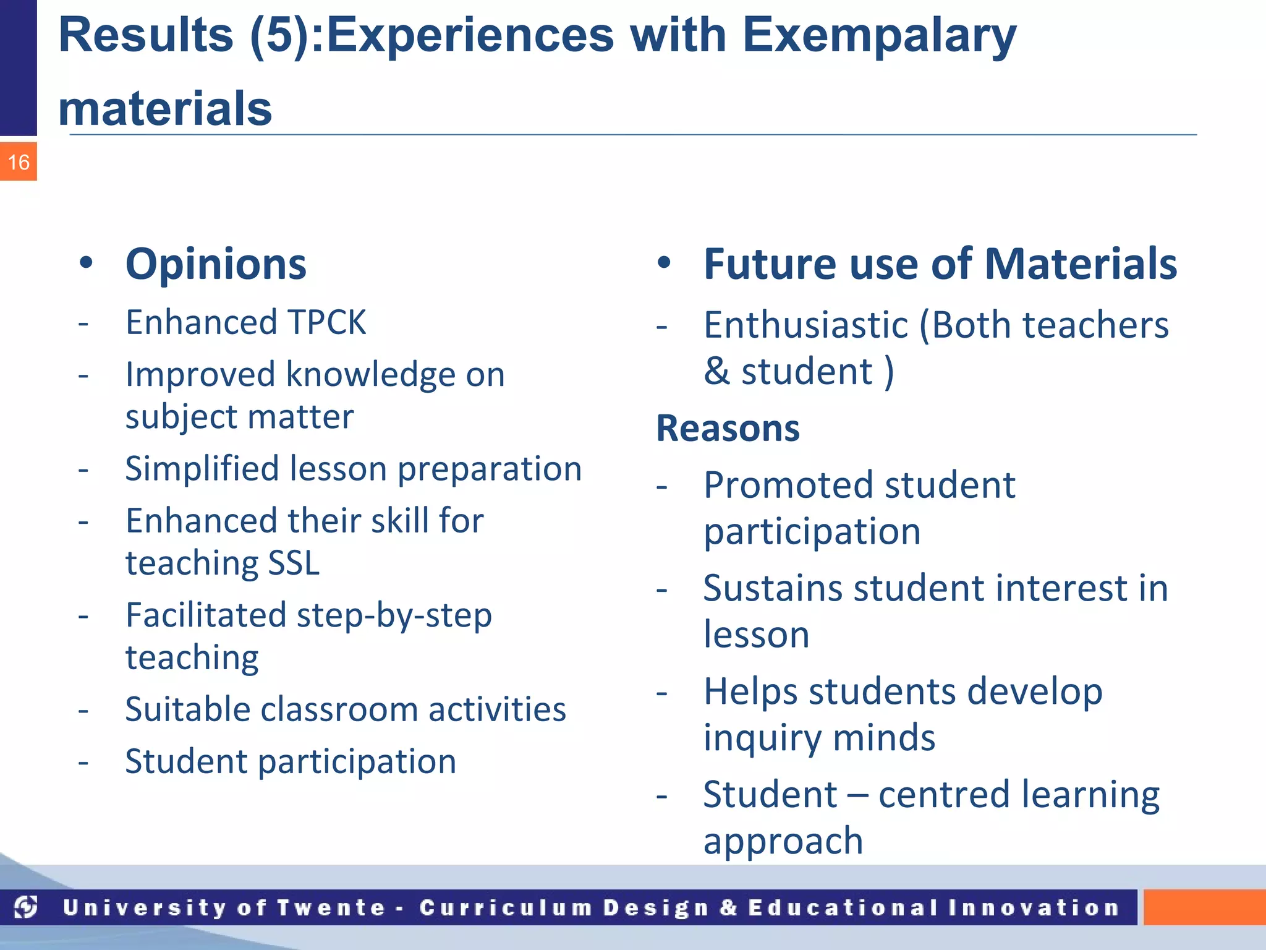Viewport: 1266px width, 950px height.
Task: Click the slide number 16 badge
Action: tap(19, 162)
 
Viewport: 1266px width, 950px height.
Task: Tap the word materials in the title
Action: tap(165, 109)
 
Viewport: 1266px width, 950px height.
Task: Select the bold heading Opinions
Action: tap(216, 265)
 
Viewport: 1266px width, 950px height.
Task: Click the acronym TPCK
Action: tap(327, 323)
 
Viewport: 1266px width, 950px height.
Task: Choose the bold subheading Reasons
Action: tap(728, 429)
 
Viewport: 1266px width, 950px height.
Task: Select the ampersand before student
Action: tap(716, 371)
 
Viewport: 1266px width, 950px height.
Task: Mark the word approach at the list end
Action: tap(783, 842)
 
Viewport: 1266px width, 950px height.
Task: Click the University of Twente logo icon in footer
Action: tap(26, 907)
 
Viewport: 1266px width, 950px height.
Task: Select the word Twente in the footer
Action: tap(331, 908)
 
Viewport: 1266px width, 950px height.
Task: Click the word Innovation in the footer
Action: tap(1034, 908)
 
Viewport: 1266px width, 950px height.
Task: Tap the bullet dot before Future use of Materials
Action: tap(664, 263)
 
